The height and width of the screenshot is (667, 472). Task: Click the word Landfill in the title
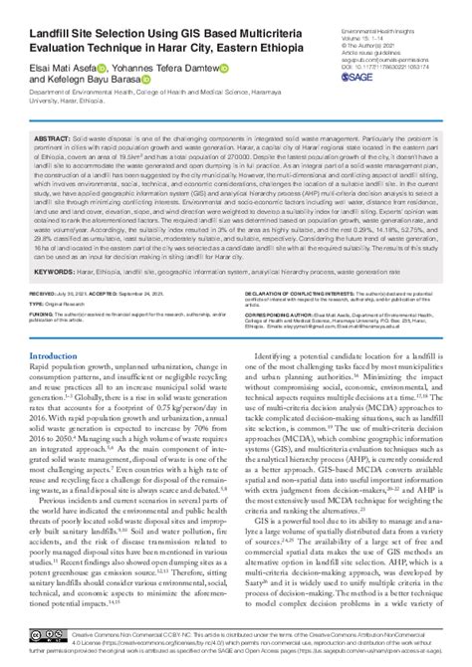pos(52,24)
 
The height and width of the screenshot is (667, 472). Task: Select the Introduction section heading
pos(59,356)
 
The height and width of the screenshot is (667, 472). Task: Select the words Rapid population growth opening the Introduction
pos(68,369)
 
